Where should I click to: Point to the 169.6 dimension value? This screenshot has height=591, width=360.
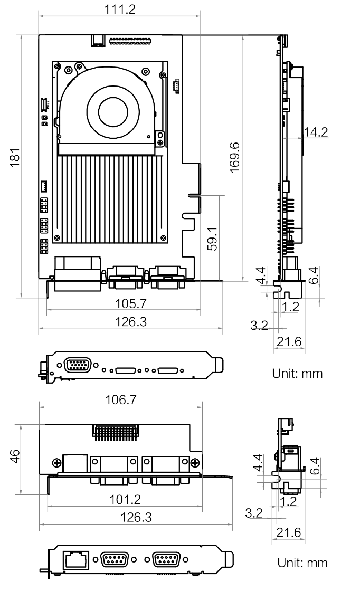tap(235, 156)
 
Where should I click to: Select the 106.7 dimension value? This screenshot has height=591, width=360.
tap(120, 401)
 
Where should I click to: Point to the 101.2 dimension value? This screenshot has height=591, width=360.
tap(124, 499)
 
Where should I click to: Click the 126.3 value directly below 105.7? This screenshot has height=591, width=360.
tap(130, 322)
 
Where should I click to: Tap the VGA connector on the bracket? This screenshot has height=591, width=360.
tap(77, 364)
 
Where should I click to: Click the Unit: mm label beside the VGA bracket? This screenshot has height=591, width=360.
tap(297, 374)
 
